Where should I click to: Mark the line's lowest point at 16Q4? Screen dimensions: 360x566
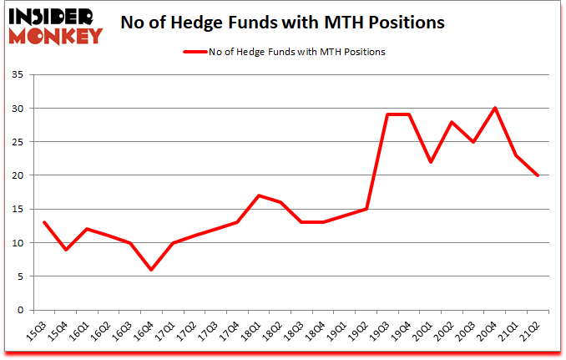point(151,269)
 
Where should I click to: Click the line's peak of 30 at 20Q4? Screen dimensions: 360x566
point(495,109)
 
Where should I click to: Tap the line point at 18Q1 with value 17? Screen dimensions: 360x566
point(259,195)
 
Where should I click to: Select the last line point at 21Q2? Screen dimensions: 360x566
point(538,175)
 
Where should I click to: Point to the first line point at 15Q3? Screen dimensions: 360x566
point(43,222)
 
